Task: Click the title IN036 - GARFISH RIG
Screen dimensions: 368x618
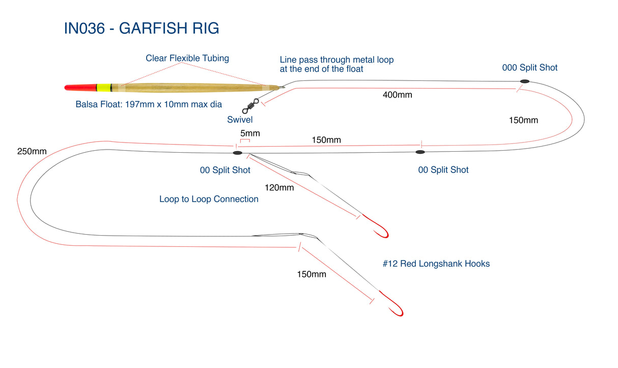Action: pos(142,29)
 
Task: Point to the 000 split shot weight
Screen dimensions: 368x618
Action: pos(524,81)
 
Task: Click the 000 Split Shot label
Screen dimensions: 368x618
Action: pos(529,68)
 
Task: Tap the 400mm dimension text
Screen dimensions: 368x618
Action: pos(397,95)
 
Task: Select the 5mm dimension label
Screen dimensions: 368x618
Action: pos(250,134)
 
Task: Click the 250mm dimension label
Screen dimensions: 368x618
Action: pos(32,151)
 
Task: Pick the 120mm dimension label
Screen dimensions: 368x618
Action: pos(279,187)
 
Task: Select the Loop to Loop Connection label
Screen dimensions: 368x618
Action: pos(209,199)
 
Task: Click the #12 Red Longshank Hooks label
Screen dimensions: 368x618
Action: pos(436,264)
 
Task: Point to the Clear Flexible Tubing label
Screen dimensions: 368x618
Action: pos(187,58)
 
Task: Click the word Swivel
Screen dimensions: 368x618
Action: pos(240,120)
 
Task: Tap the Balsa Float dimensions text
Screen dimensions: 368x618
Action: pos(149,105)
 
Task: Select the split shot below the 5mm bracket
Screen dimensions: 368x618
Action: pos(237,152)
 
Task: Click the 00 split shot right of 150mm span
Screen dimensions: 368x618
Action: pos(420,152)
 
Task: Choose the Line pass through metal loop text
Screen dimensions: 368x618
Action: pos(336,64)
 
